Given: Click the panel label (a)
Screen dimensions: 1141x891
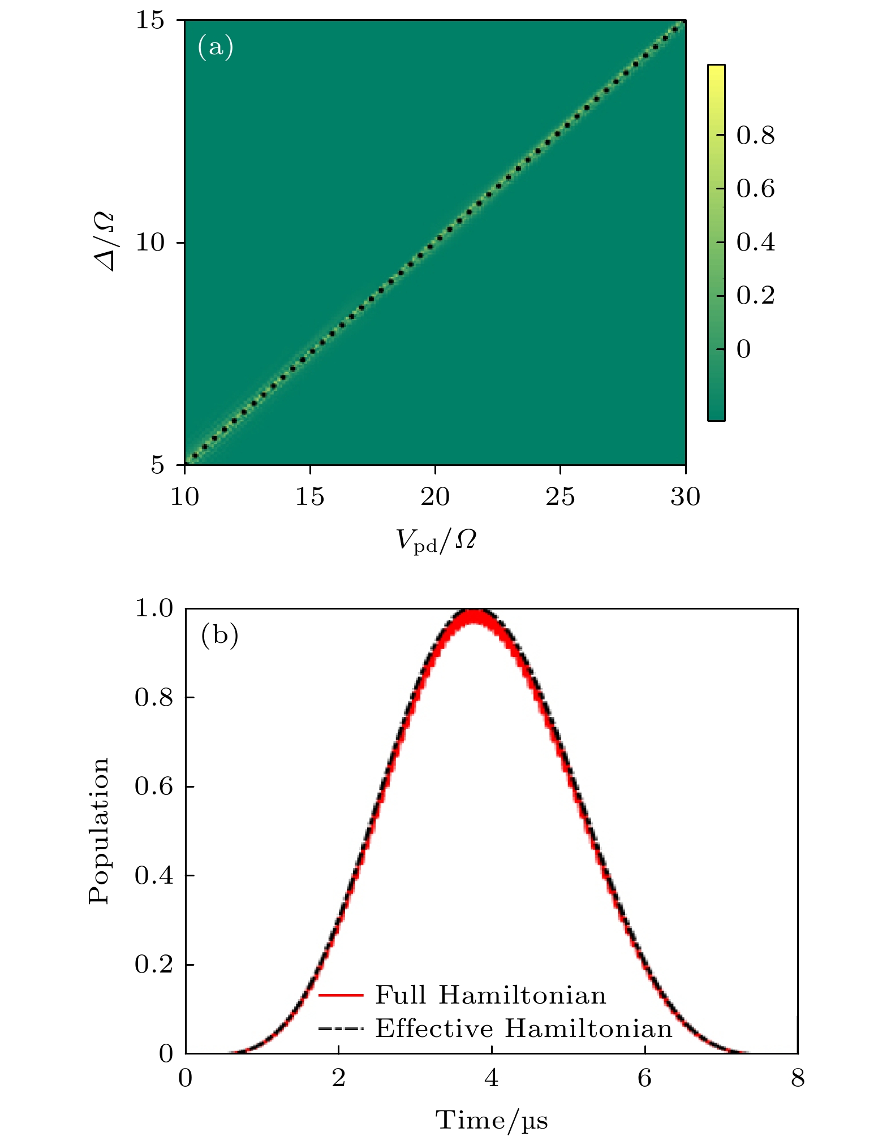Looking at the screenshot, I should tap(216, 47).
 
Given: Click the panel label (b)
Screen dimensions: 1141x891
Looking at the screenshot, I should tap(219, 636).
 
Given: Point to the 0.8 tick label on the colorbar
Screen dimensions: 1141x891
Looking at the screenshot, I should tap(755, 136).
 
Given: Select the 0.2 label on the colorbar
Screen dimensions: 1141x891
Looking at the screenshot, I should tap(755, 296).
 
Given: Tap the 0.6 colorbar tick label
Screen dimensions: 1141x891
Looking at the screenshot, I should tap(755, 189).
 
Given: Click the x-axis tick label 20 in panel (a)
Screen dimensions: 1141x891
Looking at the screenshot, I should tap(434, 497).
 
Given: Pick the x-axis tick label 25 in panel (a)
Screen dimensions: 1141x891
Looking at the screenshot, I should tap(560, 497).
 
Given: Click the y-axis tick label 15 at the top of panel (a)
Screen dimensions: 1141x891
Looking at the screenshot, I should tap(150, 21).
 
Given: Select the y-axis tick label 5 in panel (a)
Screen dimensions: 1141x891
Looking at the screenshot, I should tap(157, 465).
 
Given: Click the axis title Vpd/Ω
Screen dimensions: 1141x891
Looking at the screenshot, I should tap(436, 540).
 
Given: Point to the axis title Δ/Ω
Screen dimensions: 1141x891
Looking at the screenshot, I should tap(105, 242).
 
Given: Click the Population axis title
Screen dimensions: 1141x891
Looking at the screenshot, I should tap(99, 831).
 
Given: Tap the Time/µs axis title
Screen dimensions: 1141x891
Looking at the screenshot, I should tap(491, 1120).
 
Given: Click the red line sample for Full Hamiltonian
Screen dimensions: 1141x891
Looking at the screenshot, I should tap(341, 995).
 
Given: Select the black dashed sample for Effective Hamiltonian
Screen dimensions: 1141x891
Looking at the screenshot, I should tap(341, 1028).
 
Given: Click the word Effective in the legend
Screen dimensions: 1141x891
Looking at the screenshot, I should tap(434, 1028).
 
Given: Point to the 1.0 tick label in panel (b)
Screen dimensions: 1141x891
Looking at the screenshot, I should tap(153, 609).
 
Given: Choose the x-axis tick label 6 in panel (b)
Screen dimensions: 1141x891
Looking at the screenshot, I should tap(644, 1079).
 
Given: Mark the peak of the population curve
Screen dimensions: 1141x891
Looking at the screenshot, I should tap(474, 612).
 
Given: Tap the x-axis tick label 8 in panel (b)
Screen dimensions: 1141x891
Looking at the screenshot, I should tap(797, 1079).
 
